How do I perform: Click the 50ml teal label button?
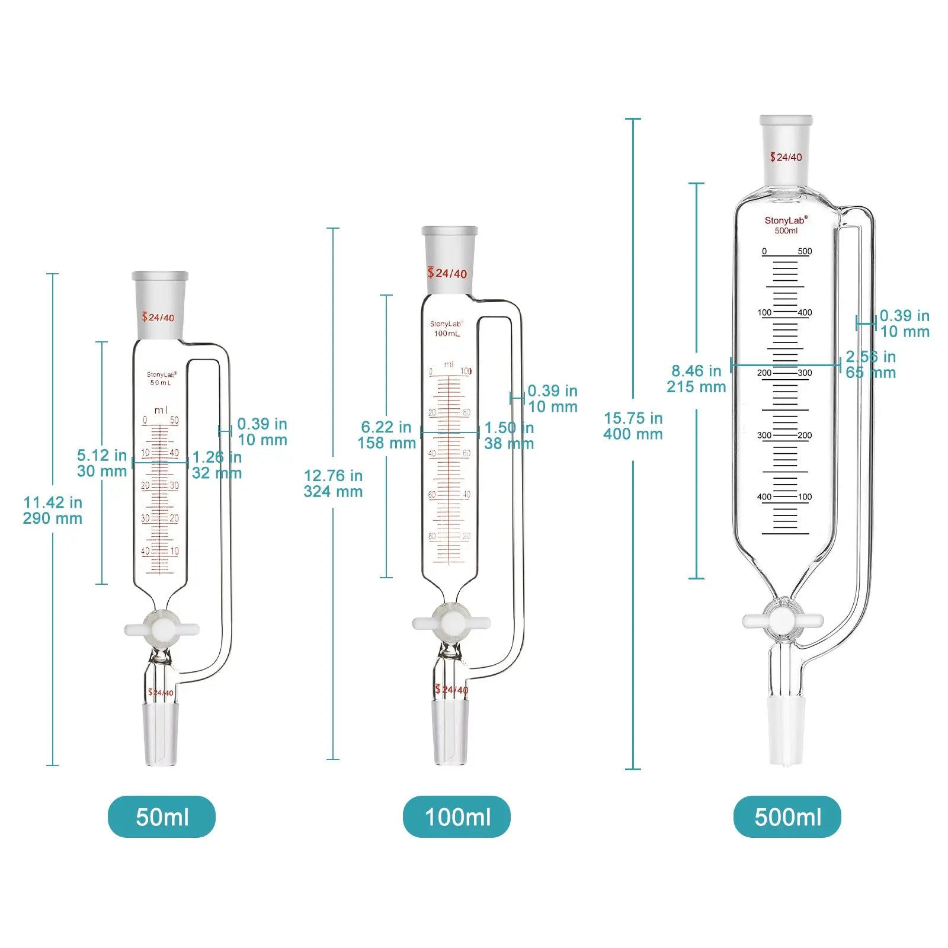pos(162,816)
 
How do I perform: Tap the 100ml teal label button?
pos(457,816)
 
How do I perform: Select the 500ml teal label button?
pos(787,816)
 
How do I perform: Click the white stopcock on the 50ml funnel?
pos(162,629)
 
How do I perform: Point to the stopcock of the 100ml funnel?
pos(451,623)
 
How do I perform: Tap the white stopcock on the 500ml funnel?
pos(783,621)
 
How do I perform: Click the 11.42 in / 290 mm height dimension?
pos(53,510)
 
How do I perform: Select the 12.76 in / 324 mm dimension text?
pos(333,483)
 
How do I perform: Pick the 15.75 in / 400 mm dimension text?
pos(633,426)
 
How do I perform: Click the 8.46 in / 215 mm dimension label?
pos(696,379)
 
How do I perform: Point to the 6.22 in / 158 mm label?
pos(386,435)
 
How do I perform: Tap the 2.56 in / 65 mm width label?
pos(870,364)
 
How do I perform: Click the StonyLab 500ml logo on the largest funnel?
pos(786,225)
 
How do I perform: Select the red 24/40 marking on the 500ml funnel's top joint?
pos(786,157)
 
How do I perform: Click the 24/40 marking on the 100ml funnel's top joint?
pos(447,273)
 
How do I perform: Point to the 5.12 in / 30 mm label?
pos(102,463)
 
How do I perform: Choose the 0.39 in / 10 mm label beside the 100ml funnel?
pos(552,399)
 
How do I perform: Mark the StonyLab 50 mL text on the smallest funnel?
pos(161,379)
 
